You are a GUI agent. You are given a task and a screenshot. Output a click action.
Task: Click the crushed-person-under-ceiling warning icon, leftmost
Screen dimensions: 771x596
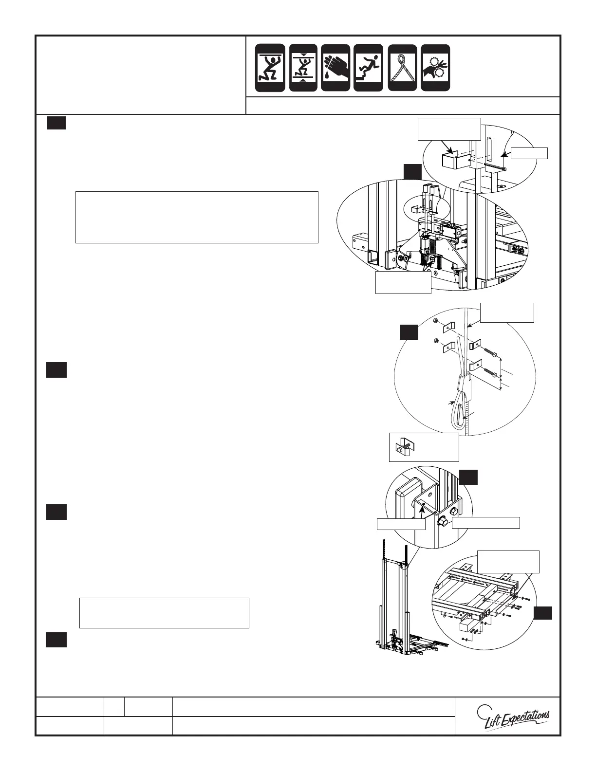pos(271,68)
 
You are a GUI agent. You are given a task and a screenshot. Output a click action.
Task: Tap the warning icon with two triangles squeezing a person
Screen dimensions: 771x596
pos(303,68)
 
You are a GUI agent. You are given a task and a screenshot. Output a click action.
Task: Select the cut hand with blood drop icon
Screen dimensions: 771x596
pos(335,68)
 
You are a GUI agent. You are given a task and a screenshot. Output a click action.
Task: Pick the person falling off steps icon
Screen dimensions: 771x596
pos(368,68)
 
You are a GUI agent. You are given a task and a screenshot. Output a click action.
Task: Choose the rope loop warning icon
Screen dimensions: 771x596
pos(402,68)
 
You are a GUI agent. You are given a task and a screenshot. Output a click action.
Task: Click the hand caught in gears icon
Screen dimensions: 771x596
pos(435,68)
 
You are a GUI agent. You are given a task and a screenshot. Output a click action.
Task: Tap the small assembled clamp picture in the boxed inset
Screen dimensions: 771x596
pos(402,447)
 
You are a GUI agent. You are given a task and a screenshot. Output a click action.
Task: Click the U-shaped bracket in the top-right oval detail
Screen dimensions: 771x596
pos(451,160)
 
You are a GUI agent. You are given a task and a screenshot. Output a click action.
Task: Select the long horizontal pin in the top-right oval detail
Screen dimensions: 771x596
pos(493,166)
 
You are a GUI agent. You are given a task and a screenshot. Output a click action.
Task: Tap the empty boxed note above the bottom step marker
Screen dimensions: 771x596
pos(164,613)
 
